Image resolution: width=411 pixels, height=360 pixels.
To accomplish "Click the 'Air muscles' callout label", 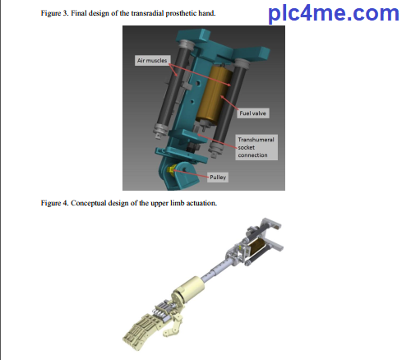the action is tap(152, 60).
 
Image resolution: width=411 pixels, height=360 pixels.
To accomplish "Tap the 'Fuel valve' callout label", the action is tap(253, 113).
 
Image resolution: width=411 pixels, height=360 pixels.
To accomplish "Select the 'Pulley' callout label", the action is tap(218, 178).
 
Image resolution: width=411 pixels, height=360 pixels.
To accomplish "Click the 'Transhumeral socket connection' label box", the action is tap(256, 147).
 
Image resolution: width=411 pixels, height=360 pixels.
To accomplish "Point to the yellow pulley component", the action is tap(172, 169).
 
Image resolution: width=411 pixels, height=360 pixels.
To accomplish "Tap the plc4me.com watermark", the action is tap(334, 13).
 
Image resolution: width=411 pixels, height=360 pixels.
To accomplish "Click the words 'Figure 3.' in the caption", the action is tap(54, 13).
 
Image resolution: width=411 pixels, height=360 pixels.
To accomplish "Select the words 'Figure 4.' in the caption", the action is tap(54, 203).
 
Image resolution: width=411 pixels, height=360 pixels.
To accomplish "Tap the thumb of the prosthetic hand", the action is tap(173, 327).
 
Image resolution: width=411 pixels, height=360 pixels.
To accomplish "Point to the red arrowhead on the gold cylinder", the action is tap(222, 97).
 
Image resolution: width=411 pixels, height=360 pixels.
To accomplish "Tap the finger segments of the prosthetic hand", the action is tap(139, 332).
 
